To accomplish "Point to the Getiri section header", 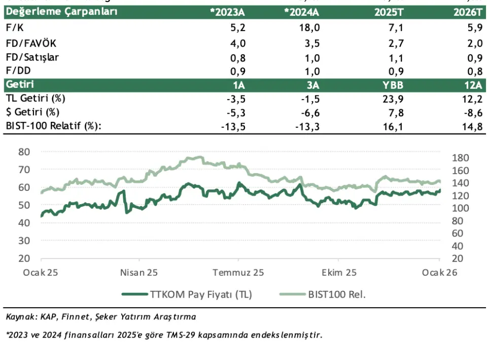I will (20, 84).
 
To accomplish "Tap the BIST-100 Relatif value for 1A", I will (234, 126).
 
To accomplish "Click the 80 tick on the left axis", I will (24, 152).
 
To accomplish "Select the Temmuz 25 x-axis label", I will (238, 273).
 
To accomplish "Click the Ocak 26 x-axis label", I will (440, 273).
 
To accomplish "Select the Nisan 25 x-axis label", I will (139, 273).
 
